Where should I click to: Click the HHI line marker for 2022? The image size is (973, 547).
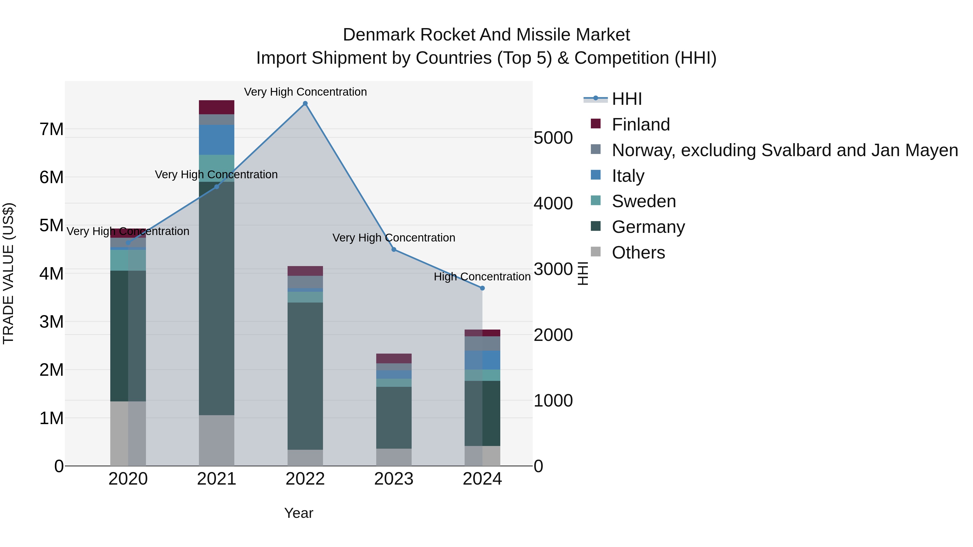pos(305,103)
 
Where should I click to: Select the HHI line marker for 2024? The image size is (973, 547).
pos(482,288)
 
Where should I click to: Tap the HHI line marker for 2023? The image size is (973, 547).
pos(394,250)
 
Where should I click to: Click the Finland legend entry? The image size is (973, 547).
pos(641,125)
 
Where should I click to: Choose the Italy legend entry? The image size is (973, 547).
pos(628,176)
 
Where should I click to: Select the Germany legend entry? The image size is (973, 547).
pos(648,227)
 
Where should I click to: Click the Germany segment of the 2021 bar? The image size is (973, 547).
pos(216,298)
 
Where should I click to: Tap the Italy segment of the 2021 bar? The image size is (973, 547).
pos(216,140)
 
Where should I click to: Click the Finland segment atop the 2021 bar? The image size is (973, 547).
pos(216,107)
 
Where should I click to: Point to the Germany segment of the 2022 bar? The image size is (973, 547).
pos(305,376)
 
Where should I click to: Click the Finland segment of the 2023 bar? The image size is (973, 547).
pos(394,358)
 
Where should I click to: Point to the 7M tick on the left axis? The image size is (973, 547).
pos(51,129)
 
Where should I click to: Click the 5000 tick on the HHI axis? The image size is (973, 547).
pos(553,138)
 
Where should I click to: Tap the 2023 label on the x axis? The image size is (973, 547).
pos(394,479)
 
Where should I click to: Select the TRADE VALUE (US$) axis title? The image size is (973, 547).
pos(8,273)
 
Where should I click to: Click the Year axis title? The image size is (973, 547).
pos(298,513)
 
